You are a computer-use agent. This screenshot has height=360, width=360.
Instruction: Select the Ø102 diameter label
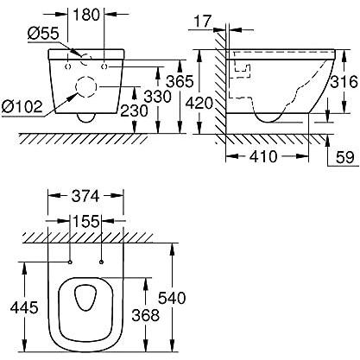pos(24,106)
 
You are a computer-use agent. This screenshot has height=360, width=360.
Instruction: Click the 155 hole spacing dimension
pos(85,221)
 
